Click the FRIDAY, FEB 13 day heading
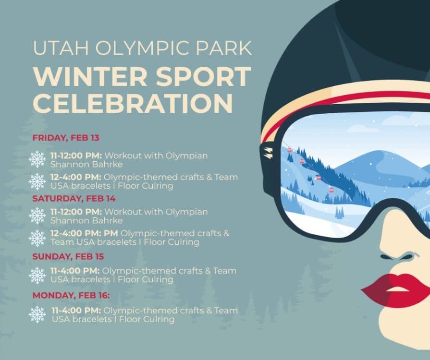pos(66,138)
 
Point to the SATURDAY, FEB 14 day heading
pos(74,198)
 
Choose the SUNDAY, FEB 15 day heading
pos(68,256)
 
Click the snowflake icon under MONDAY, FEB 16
pos(37,314)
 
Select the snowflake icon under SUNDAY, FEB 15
pos(37,275)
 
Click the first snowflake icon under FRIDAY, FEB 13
pos(37,159)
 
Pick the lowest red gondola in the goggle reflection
pos(331,188)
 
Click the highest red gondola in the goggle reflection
pos(289,150)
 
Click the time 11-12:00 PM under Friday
pos(76,156)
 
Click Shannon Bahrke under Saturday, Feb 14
pos(86,221)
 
